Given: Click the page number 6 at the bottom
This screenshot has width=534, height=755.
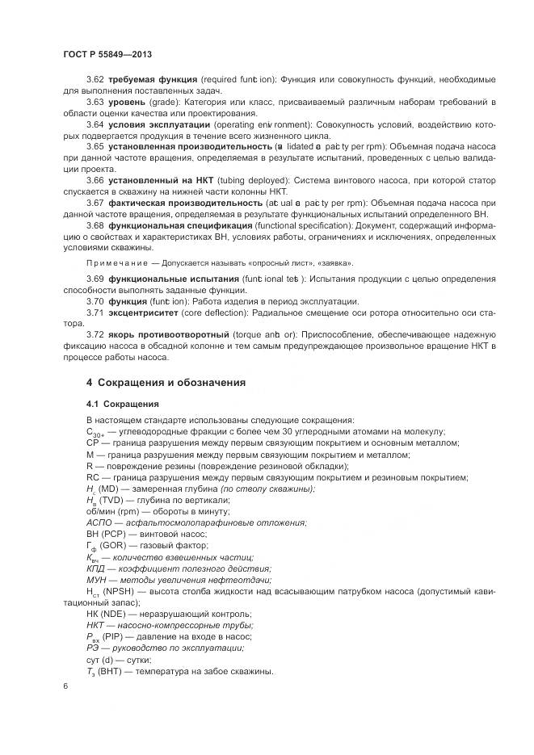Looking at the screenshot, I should [x=65, y=686].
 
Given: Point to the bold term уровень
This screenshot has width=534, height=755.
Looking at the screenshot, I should [x=127, y=103].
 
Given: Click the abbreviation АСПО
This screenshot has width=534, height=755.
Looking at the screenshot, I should [x=99, y=523].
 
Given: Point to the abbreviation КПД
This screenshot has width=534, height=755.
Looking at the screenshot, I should [x=96, y=568].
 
